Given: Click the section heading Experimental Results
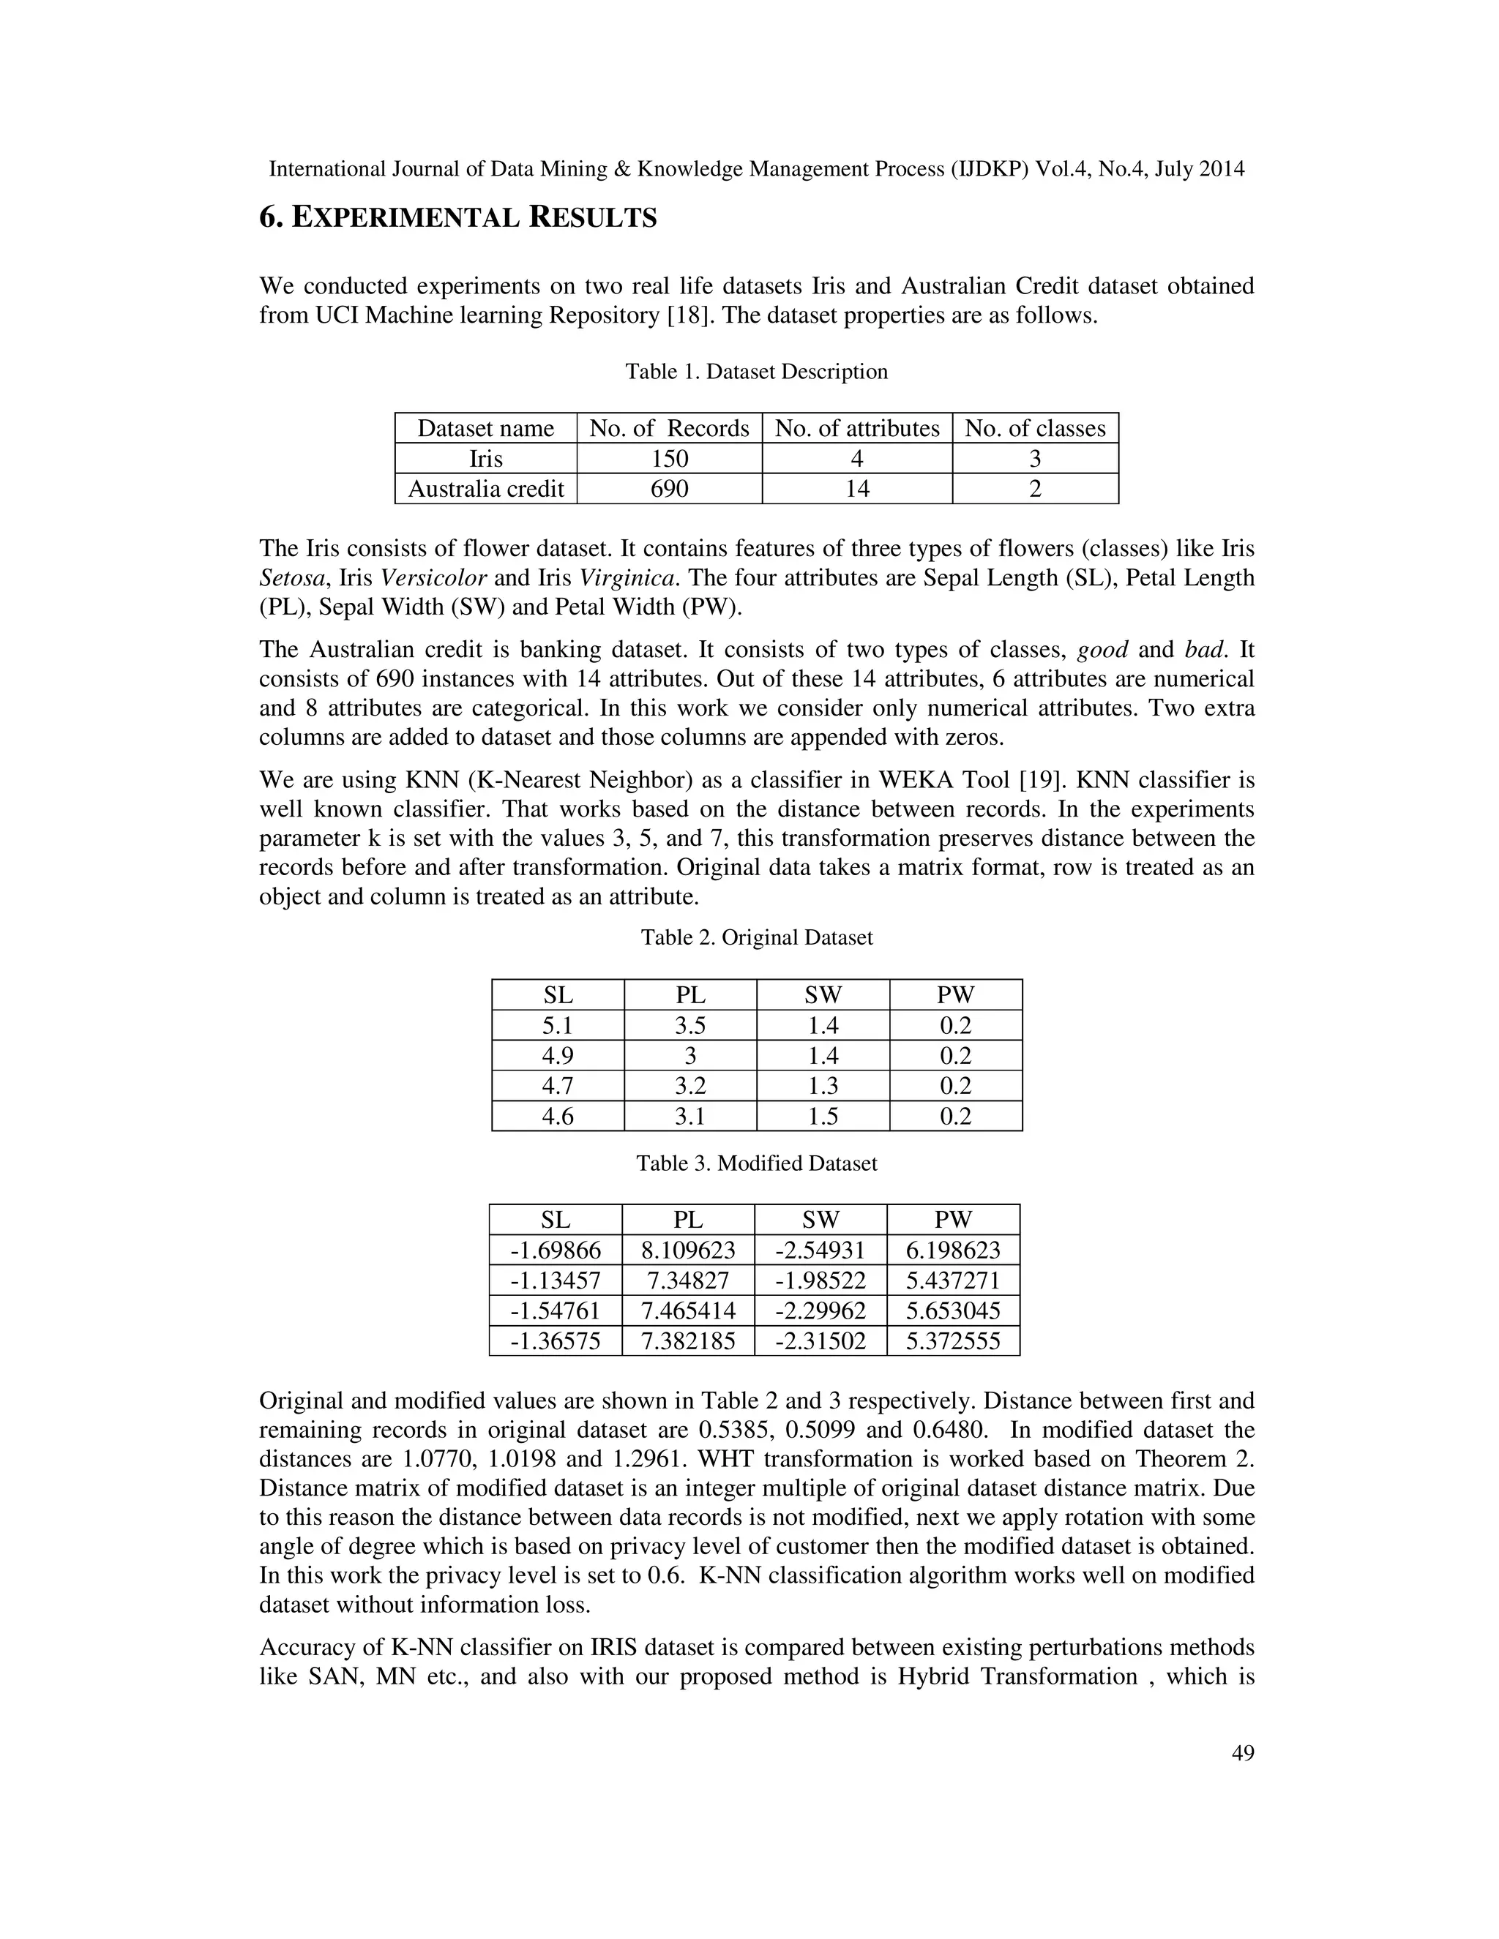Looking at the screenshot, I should coord(457,217).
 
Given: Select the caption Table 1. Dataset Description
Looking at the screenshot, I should coord(755,371).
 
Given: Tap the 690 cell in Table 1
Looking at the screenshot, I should coord(669,488).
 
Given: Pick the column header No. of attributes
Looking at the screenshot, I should coord(856,429).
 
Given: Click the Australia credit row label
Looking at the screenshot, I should coord(486,488).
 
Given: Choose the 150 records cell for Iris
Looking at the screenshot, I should coord(669,458).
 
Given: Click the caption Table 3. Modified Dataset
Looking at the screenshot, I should coord(755,1163).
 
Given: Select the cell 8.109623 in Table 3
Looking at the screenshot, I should coord(688,1251).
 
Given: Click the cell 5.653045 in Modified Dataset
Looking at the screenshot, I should coord(953,1310).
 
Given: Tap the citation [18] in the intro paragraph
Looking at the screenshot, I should coord(688,315).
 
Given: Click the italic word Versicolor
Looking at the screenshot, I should coord(433,578).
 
